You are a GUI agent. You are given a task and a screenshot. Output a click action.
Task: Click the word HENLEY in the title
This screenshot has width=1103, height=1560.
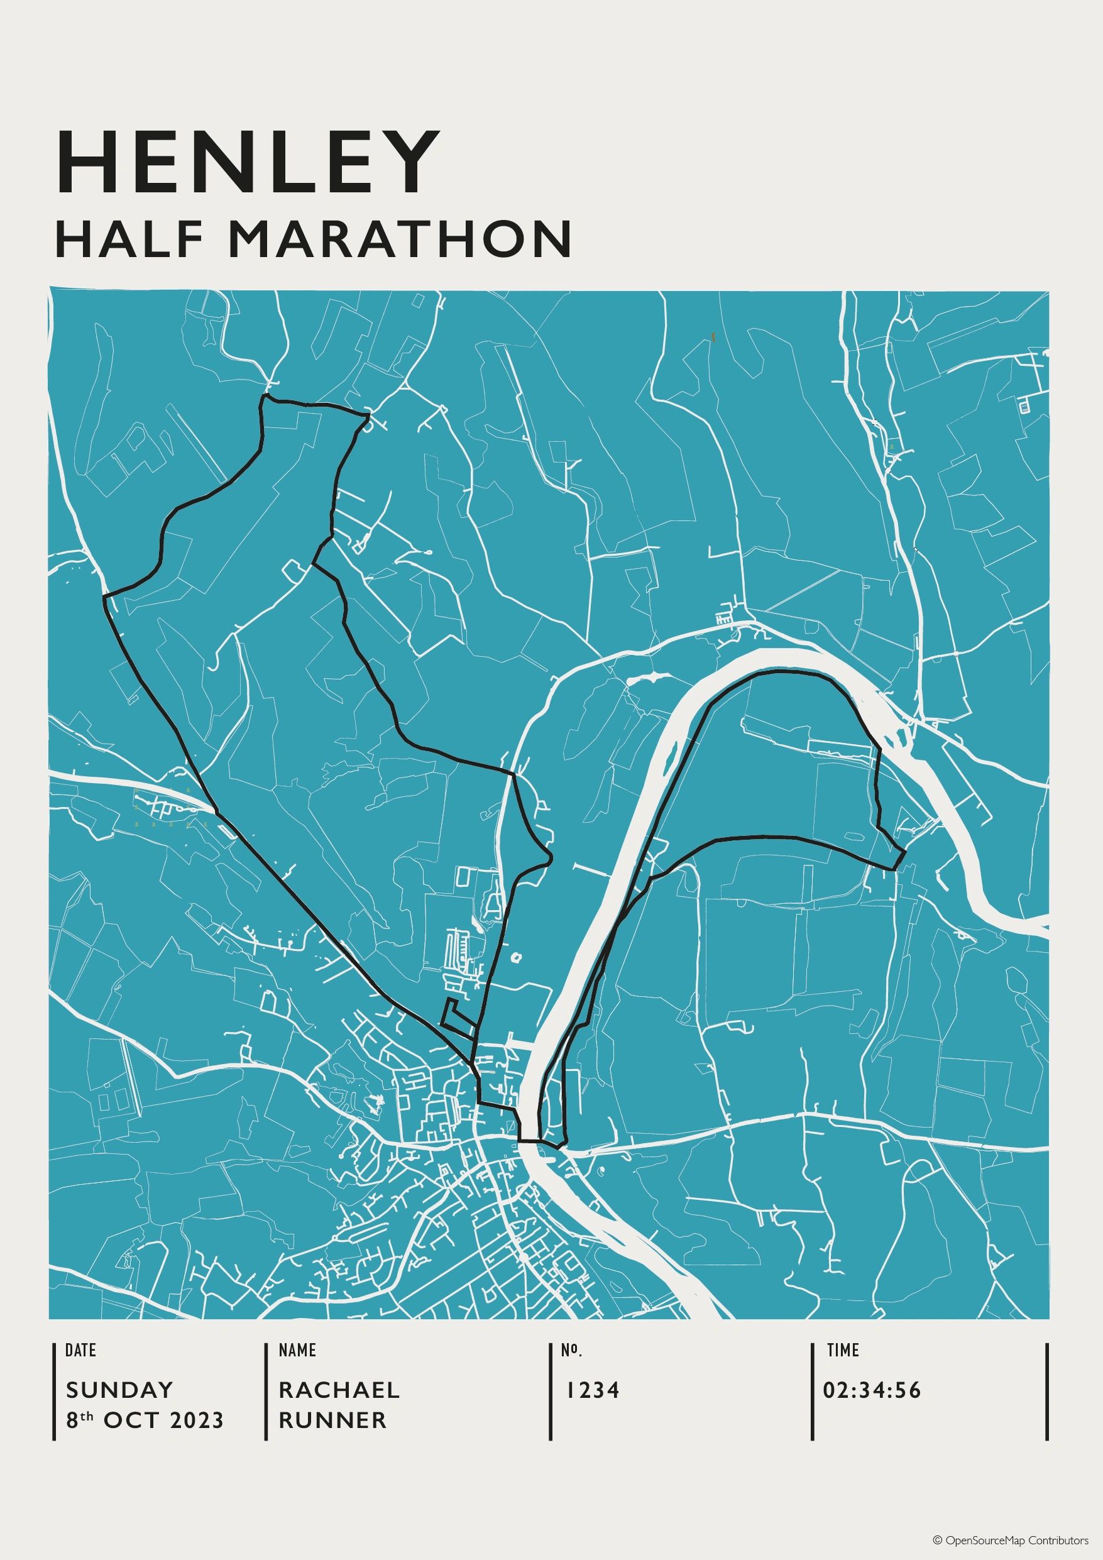point(248,162)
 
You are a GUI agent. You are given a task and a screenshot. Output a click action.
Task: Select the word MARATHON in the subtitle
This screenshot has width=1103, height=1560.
point(398,239)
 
